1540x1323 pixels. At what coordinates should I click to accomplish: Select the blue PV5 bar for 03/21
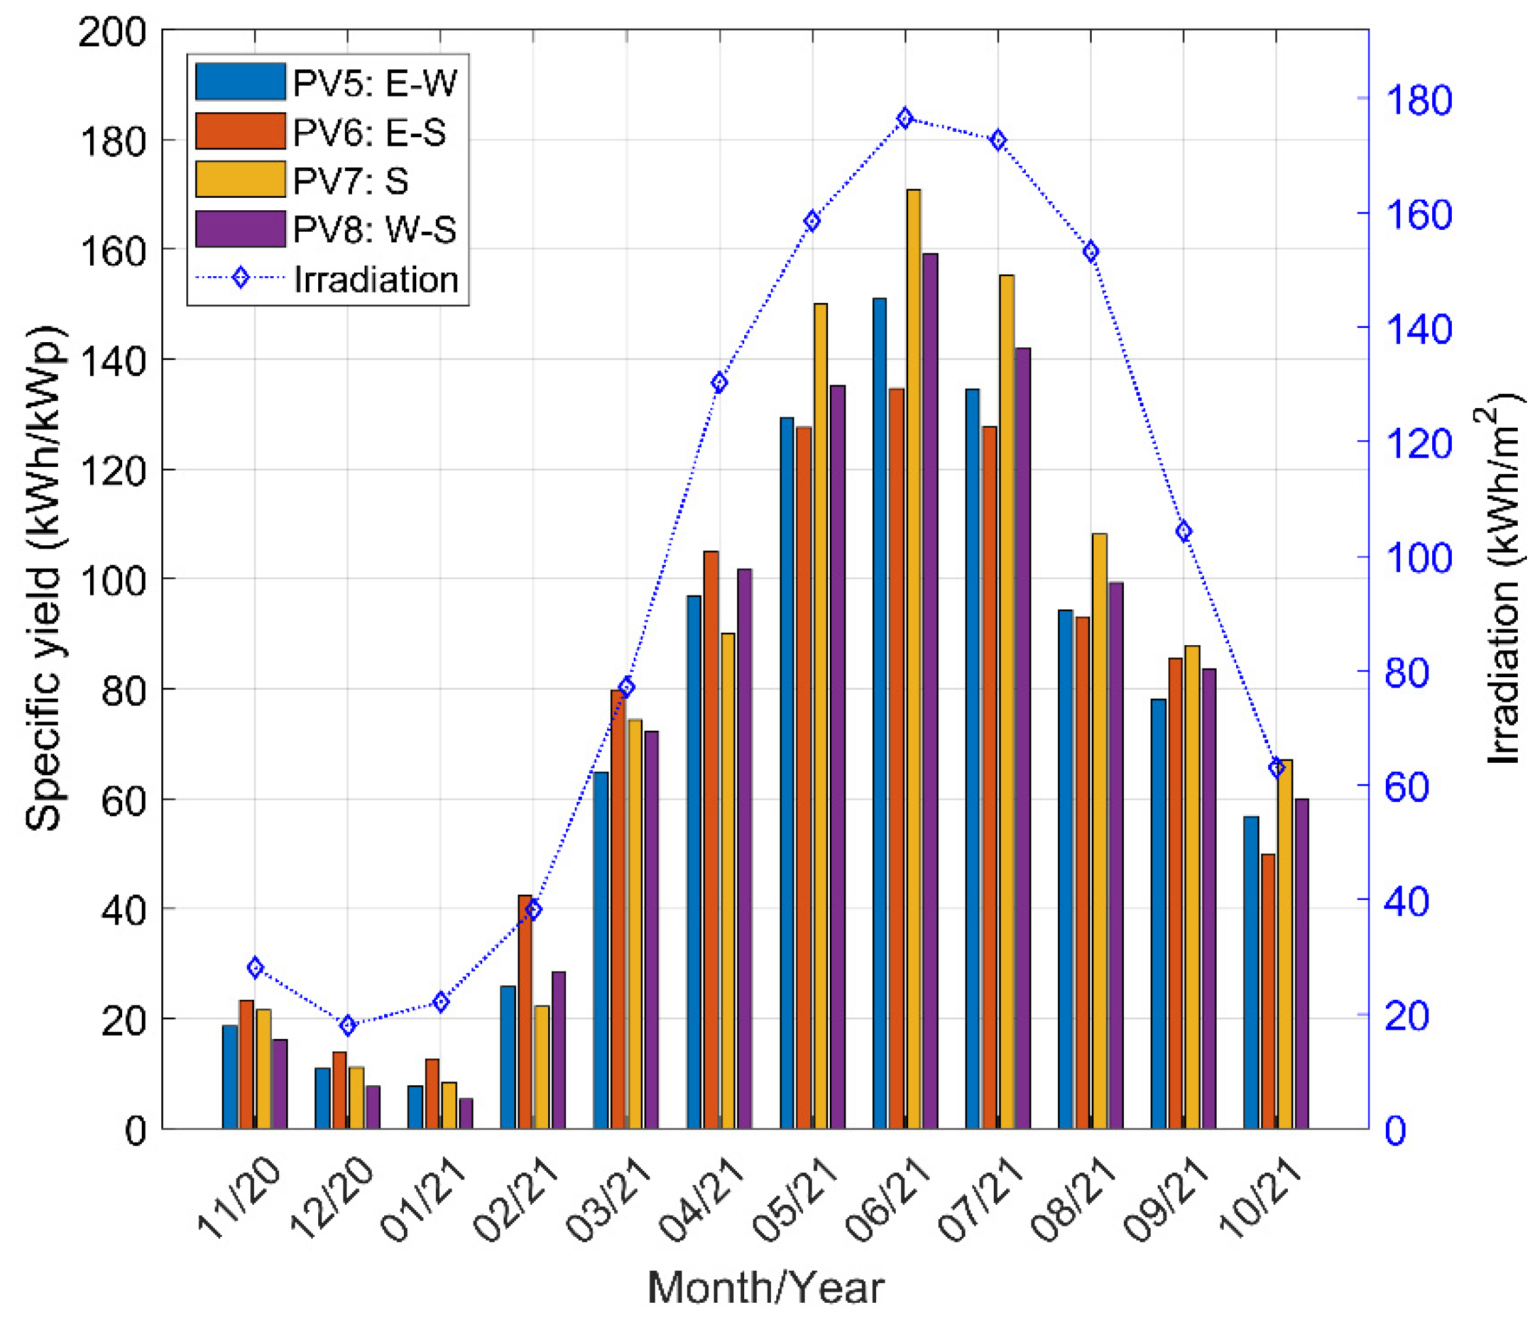(x=600, y=950)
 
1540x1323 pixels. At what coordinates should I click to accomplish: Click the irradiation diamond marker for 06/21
(x=904, y=119)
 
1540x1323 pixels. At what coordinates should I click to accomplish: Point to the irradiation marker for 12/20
(x=348, y=1025)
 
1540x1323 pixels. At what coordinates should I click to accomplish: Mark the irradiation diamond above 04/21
(x=719, y=383)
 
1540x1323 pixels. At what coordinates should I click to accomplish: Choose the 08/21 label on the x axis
(x=1073, y=1199)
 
